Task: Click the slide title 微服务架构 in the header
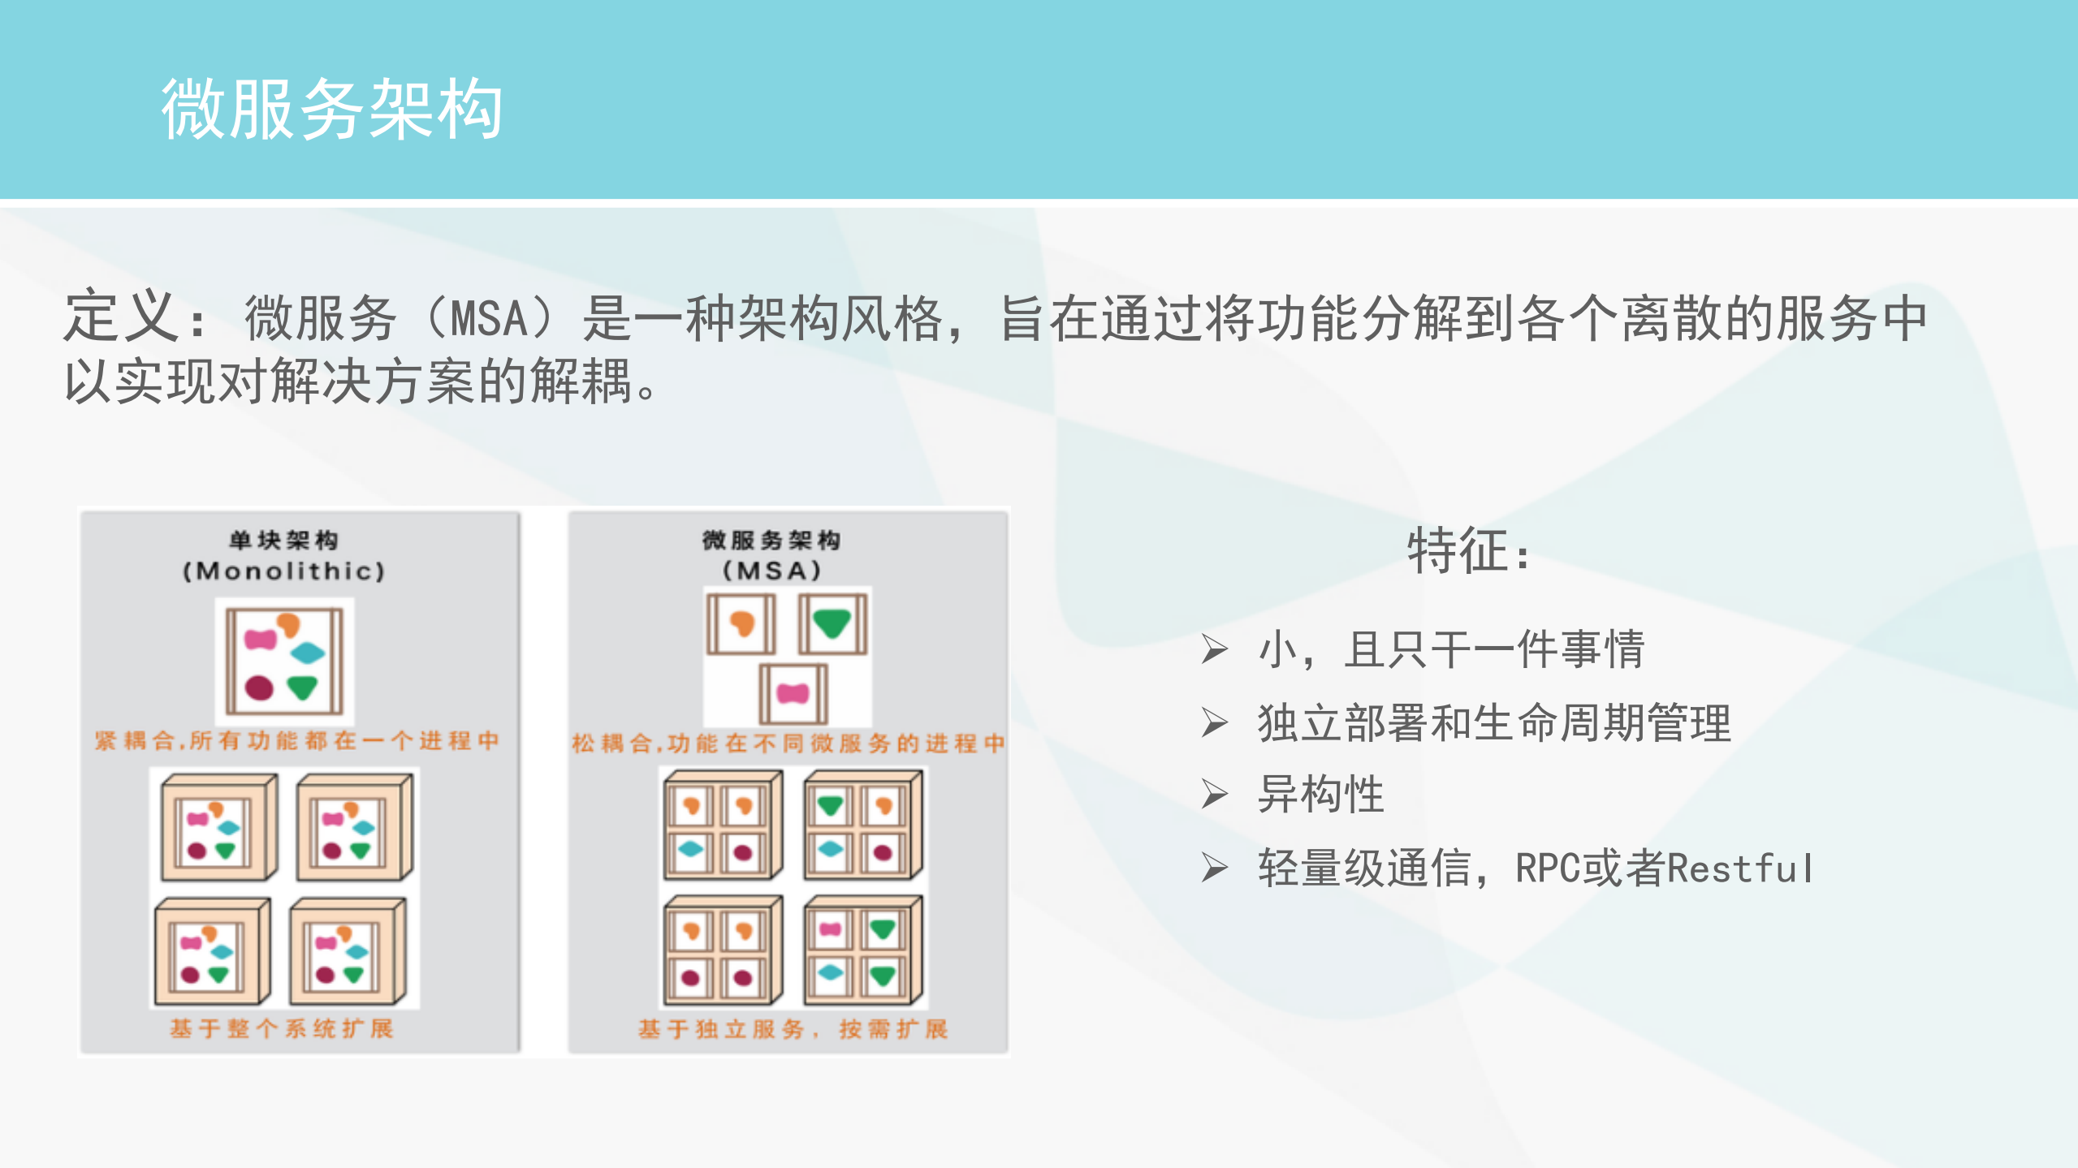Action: click(332, 110)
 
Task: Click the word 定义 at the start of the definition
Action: click(122, 317)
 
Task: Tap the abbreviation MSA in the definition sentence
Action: click(489, 318)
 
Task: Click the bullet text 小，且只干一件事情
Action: click(1451, 649)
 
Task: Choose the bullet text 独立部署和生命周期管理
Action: click(1494, 722)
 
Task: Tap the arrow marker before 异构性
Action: click(1214, 795)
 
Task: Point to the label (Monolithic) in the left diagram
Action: click(283, 571)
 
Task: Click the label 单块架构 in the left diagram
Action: click(283, 540)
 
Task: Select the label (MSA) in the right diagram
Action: click(771, 571)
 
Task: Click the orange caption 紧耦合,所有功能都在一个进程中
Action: click(296, 740)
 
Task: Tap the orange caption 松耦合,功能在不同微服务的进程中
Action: click(788, 743)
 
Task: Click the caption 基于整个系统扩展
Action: click(282, 1029)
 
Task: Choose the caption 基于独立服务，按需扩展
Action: click(793, 1029)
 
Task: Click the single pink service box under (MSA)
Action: click(793, 694)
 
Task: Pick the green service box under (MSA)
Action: click(832, 623)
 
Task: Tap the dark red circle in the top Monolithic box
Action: click(259, 687)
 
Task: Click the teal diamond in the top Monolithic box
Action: click(307, 652)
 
